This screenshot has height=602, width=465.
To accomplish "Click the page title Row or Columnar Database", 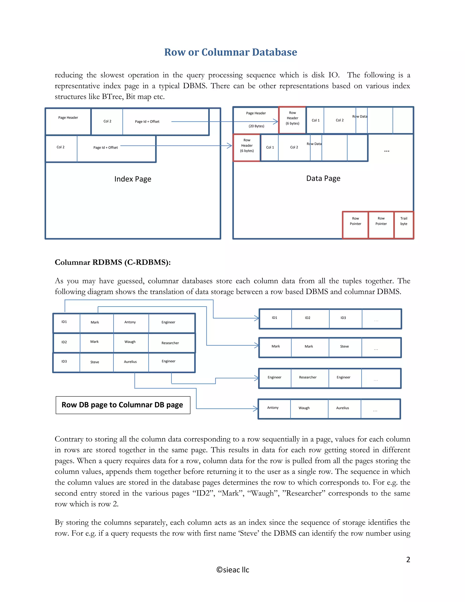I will (231, 52).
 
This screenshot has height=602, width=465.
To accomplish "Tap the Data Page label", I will (323, 178).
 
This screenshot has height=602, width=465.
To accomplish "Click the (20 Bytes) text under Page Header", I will (256, 126).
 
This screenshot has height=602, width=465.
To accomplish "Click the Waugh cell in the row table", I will (130, 342).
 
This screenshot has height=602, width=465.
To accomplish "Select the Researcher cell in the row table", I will (170, 343).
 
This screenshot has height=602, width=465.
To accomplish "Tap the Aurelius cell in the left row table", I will (130, 362).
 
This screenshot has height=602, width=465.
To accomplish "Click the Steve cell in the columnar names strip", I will (344, 346).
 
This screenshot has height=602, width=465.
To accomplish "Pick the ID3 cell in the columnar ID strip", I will (343, 318).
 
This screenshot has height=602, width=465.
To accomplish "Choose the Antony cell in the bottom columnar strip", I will (273, 408).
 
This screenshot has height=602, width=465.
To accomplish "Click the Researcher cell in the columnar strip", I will (308, 377).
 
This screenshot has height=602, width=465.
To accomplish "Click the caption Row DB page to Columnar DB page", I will (122, 405).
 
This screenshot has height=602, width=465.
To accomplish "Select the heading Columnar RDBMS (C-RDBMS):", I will (113, 262).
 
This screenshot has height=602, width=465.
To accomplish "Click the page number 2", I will (408, 560).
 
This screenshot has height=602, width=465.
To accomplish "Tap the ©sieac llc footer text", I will (232, 570).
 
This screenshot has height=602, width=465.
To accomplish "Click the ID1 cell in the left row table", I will (64, 322).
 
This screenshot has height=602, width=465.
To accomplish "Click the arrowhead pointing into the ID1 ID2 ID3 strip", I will (257, 318).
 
